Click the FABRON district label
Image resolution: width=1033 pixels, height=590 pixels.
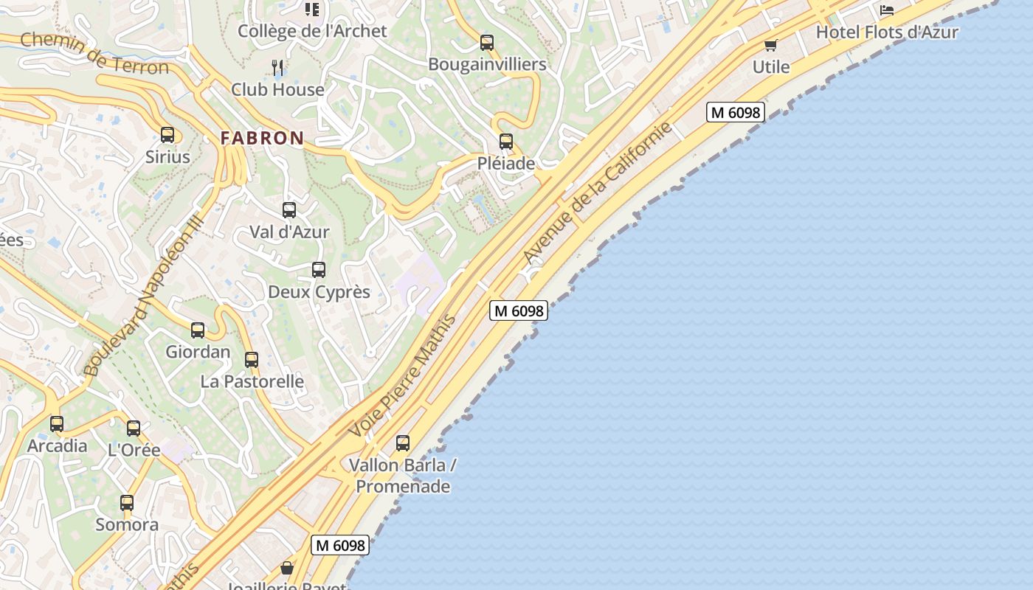pos(262,138)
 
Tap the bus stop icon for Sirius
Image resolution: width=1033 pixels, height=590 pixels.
pos(167,135)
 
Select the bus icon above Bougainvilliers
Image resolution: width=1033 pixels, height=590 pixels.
pos(487,43)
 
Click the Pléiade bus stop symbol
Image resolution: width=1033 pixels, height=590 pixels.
pos(506,142)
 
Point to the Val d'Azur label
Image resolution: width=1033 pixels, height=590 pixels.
pos(289,232)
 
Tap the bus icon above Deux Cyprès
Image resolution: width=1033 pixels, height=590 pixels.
pos(319,270)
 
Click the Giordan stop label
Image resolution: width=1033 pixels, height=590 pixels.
pos(198,352)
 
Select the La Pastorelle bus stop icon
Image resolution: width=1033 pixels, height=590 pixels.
pos(252,360)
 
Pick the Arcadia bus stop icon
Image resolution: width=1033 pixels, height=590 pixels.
pos(57,424)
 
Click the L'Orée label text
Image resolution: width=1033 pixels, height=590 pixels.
pos(134,450)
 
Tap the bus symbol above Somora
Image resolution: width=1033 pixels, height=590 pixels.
pos(127,503)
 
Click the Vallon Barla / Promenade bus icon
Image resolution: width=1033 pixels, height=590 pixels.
pos(403,443)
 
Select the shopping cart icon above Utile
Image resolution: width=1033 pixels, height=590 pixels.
pos(771,46)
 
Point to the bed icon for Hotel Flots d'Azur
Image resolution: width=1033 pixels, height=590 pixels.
pos(887,10)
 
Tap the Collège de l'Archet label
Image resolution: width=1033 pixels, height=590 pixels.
pos(312,31)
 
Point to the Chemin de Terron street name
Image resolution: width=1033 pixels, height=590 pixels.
pos(94,53)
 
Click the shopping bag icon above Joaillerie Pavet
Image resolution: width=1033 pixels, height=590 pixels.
pos(287,568)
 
